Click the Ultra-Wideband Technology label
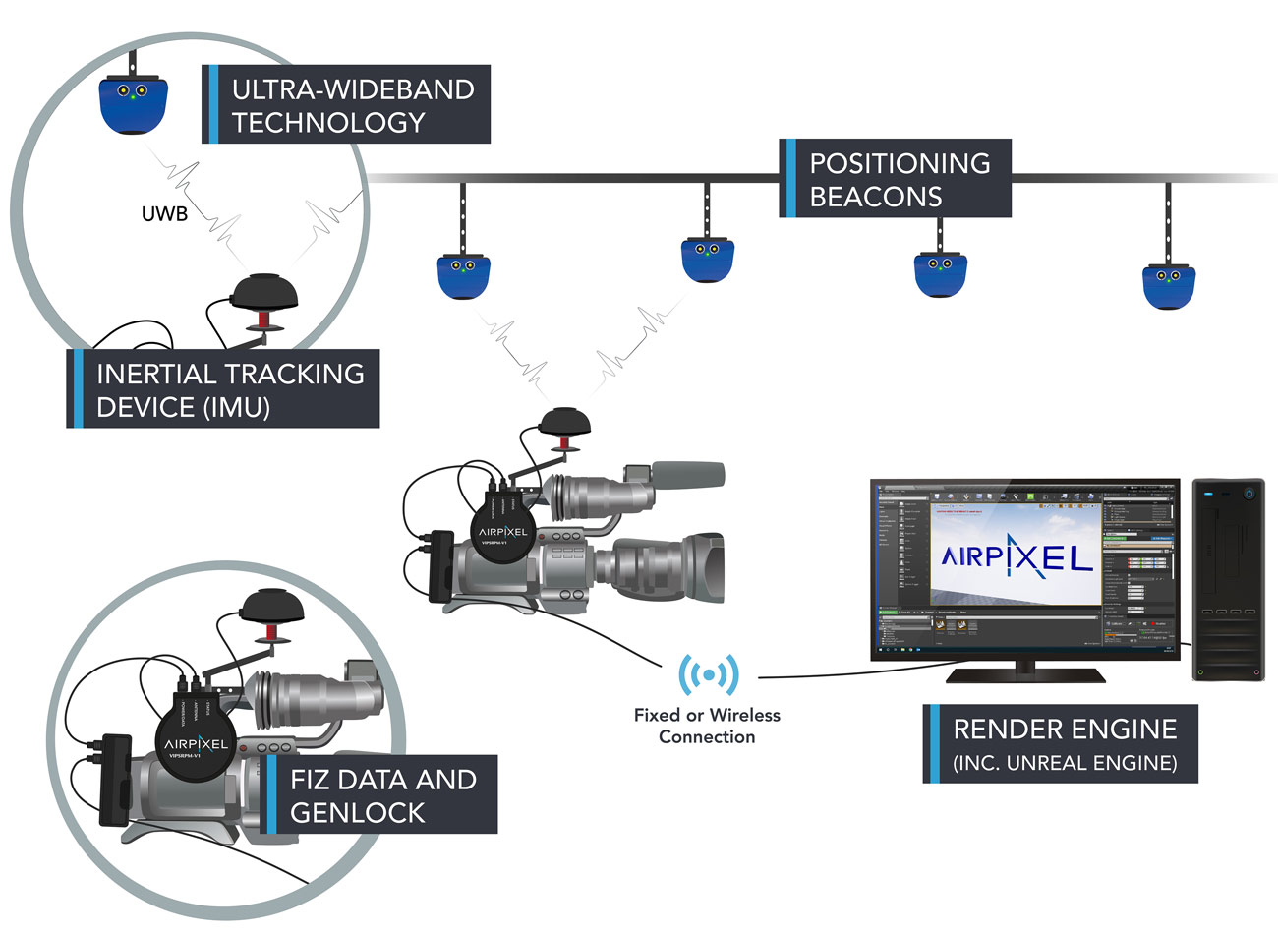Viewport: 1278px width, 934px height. click(349, 105)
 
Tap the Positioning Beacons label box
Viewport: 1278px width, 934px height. click(897, 179)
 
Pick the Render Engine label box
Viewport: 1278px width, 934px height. click(1062, 744)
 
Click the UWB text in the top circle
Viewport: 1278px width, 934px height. click(164, 212)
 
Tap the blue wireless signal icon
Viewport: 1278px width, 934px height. click(708, 674)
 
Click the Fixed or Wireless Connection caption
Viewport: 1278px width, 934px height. click(707, 726)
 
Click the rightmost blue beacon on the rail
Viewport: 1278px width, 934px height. click(1168, 285)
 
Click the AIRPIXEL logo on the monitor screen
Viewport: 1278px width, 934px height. click(1017, 557)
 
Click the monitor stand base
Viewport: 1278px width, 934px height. click(1025, 674)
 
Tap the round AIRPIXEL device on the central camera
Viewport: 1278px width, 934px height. click(503, 532)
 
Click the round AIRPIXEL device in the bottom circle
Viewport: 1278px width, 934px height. click(201, 742)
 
